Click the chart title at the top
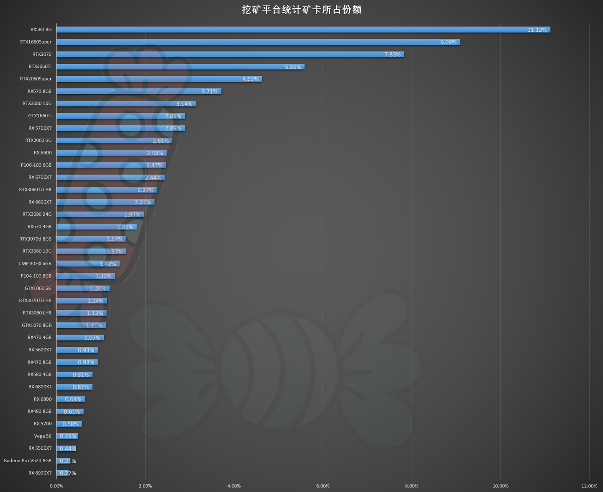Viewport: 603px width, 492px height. (x=301, y=10)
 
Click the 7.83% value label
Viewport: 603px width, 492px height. (x=392, y=54)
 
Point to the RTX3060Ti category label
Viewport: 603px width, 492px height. (x=40, y=67)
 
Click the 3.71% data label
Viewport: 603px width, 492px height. (x=209, y=91)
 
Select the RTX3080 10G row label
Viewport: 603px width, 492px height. (x=37, y=103)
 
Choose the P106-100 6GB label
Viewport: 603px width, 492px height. (x=36, y=165)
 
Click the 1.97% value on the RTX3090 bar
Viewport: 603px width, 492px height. (x=132, y=215)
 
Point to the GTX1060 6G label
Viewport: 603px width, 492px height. (x=38, y=288)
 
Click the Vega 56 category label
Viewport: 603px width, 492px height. (x=43, y=436)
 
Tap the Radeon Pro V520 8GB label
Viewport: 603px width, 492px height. (x=28, y=461)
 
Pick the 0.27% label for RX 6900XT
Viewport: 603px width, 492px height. (x=68, y=473)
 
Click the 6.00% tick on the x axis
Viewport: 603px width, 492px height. (x=323, y=486)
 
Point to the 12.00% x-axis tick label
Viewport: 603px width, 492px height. (x=589, y=486)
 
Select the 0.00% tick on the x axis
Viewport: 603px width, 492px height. (x=57, y=486)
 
